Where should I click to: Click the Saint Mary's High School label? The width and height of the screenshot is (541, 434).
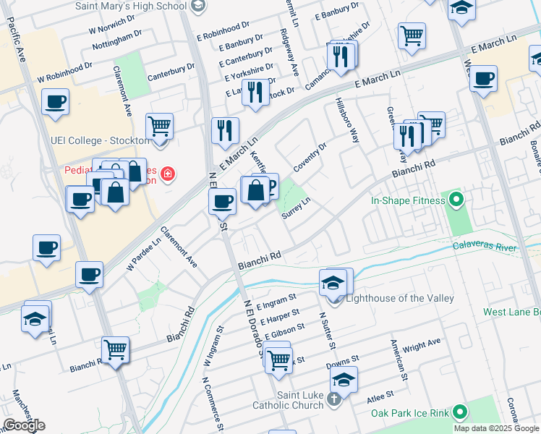131,6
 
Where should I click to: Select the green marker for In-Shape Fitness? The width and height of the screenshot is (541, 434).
456,198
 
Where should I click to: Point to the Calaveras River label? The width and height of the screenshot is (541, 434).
496,246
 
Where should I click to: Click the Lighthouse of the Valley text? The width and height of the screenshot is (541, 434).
400,299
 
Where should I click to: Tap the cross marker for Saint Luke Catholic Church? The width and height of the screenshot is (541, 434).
334,399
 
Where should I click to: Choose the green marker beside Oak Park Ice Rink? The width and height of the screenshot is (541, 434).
457,412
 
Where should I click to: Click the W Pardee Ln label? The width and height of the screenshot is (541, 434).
144,253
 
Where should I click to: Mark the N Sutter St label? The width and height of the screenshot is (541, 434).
323,330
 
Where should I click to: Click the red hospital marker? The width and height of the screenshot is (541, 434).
168,174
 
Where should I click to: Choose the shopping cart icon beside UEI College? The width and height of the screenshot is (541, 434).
159,126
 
